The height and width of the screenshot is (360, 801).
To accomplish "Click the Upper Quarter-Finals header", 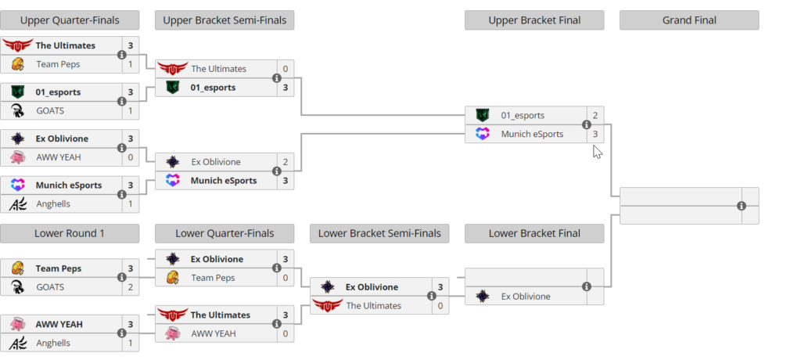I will pos(70,20).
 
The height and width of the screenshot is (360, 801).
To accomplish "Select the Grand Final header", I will pos(689,20).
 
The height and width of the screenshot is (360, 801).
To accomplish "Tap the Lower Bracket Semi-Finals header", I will pos(379,233).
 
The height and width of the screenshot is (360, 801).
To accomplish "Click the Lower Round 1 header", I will pos(70,233).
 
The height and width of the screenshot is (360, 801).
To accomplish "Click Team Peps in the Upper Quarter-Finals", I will pos(58,64).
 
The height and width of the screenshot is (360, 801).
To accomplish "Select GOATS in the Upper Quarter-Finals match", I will pos(50,111).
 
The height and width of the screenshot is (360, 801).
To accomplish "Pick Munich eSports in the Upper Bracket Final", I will pos(532,134).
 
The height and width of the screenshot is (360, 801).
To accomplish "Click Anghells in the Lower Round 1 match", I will pos(53,343).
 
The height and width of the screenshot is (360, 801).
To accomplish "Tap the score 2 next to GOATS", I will pos(131,287).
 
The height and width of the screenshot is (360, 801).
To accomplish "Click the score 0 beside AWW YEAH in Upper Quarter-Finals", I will pos(131,157).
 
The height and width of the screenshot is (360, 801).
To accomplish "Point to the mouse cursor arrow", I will pos(597,150).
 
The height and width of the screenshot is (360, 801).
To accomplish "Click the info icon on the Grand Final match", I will pos(742,206).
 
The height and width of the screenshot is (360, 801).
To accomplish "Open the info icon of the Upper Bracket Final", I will pos(587,124).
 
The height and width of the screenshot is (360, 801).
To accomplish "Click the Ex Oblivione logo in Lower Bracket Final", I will pos(483,297).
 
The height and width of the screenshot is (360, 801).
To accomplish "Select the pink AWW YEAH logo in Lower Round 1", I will pos(17,324).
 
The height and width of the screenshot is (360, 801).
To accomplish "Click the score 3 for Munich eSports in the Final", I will pos(595,134).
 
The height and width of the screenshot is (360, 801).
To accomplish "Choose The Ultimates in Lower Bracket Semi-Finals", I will pos(373,306).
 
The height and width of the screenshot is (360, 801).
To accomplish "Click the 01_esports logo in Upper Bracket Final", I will pos(483,115).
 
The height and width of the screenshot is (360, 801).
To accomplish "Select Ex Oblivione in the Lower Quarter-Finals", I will pos(217,259).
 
